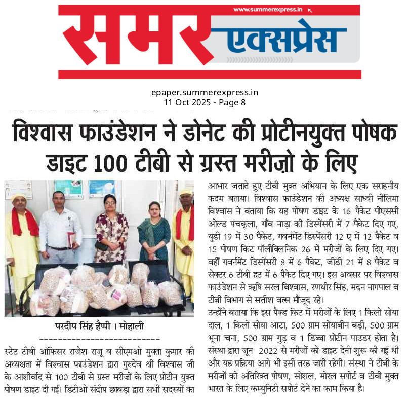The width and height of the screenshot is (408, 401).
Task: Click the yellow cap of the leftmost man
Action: point(19,197)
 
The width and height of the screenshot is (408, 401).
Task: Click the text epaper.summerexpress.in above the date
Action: point(205,92)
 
